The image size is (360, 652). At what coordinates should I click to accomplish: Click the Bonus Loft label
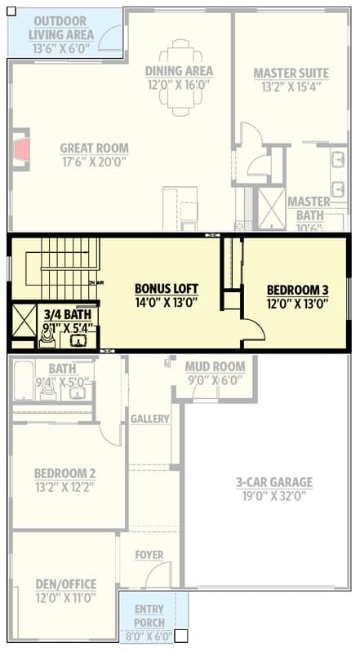167,289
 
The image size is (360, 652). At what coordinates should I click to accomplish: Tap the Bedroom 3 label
298,289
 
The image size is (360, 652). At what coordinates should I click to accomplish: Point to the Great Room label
94,148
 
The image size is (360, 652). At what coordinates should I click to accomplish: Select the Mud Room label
215,366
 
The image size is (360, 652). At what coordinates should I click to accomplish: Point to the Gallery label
149,419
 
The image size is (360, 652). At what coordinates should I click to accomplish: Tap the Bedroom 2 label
65,473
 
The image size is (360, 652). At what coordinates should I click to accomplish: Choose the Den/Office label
65,584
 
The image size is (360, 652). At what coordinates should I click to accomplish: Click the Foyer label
149,555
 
